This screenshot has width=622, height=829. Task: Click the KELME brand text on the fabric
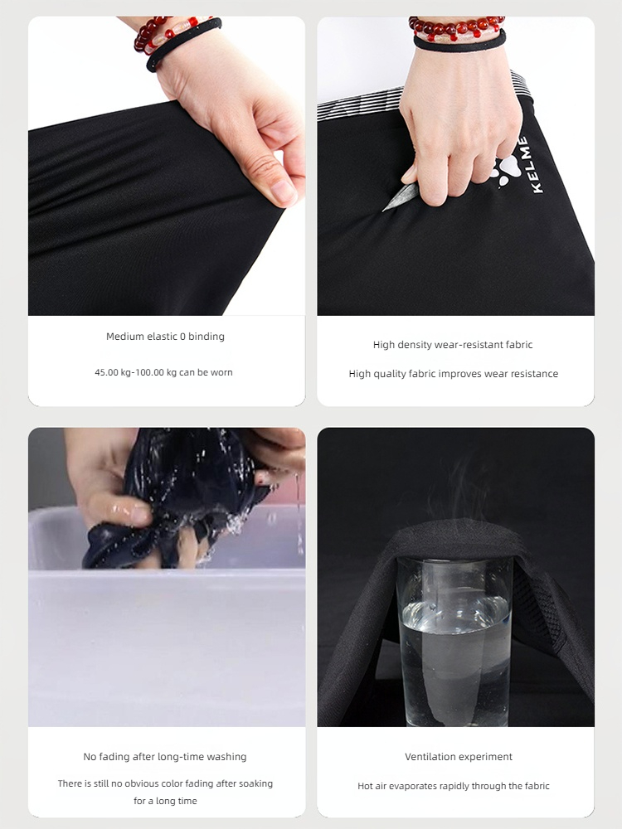pos(537,165)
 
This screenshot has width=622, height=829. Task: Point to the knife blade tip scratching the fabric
pos(384,210)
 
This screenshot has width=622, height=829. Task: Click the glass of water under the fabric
pos(454,641)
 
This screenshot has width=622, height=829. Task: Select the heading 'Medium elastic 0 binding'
pos(165,337)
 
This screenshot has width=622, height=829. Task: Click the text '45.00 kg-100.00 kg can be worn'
pos(163,372)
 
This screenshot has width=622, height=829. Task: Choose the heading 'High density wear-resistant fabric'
pos(453,345)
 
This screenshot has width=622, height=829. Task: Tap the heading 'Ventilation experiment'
pos(459,757)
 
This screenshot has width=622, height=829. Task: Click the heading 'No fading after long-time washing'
pos(164,757)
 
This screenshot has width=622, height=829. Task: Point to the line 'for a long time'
pos(165,801)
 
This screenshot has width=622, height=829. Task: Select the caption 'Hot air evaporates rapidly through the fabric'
pos(454,786)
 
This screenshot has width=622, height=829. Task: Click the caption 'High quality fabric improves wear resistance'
pos(454,374)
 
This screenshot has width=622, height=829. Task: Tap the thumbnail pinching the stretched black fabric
pos(284,191)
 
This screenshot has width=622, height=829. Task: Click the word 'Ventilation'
pos(431,757)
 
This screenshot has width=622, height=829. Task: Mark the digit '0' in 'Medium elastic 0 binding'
pos(182,337)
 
